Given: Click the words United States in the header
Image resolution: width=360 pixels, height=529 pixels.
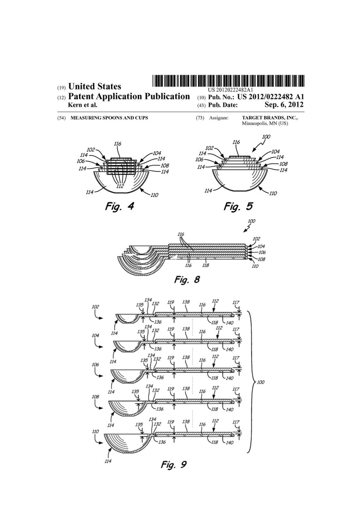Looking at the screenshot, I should tap(94, 87).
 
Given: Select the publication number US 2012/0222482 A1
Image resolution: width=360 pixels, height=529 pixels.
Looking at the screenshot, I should tap(266, 97).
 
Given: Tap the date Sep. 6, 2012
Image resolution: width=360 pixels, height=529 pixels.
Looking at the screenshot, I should tap(284, 105).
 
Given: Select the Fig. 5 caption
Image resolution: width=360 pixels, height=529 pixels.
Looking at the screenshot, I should tap(238, 206).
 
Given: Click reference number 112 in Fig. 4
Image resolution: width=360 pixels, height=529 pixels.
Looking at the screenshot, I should tap(120, 186).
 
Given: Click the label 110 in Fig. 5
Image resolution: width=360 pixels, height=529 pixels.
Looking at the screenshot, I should tap(273, 193).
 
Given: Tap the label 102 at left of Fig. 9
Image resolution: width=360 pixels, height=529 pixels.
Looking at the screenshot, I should tap(96, 306).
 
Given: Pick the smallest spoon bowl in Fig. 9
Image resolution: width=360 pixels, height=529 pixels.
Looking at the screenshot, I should tap(126, 318).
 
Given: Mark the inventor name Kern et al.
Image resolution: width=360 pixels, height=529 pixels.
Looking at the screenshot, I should tap(83, 105).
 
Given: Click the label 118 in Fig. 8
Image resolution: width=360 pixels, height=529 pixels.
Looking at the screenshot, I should tap(205, 265).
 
